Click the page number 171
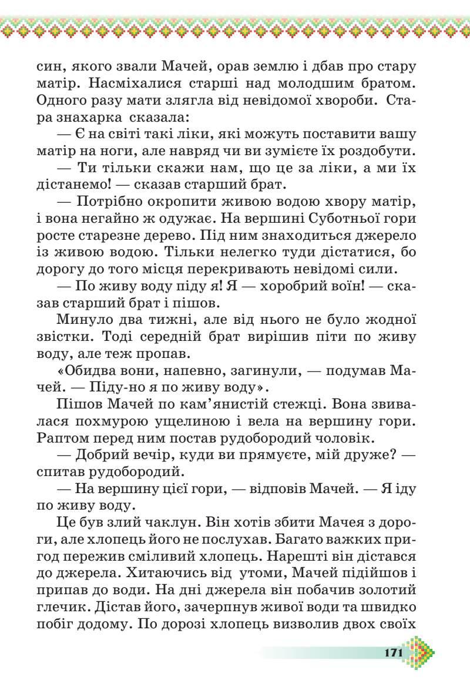(x=394, y=652)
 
